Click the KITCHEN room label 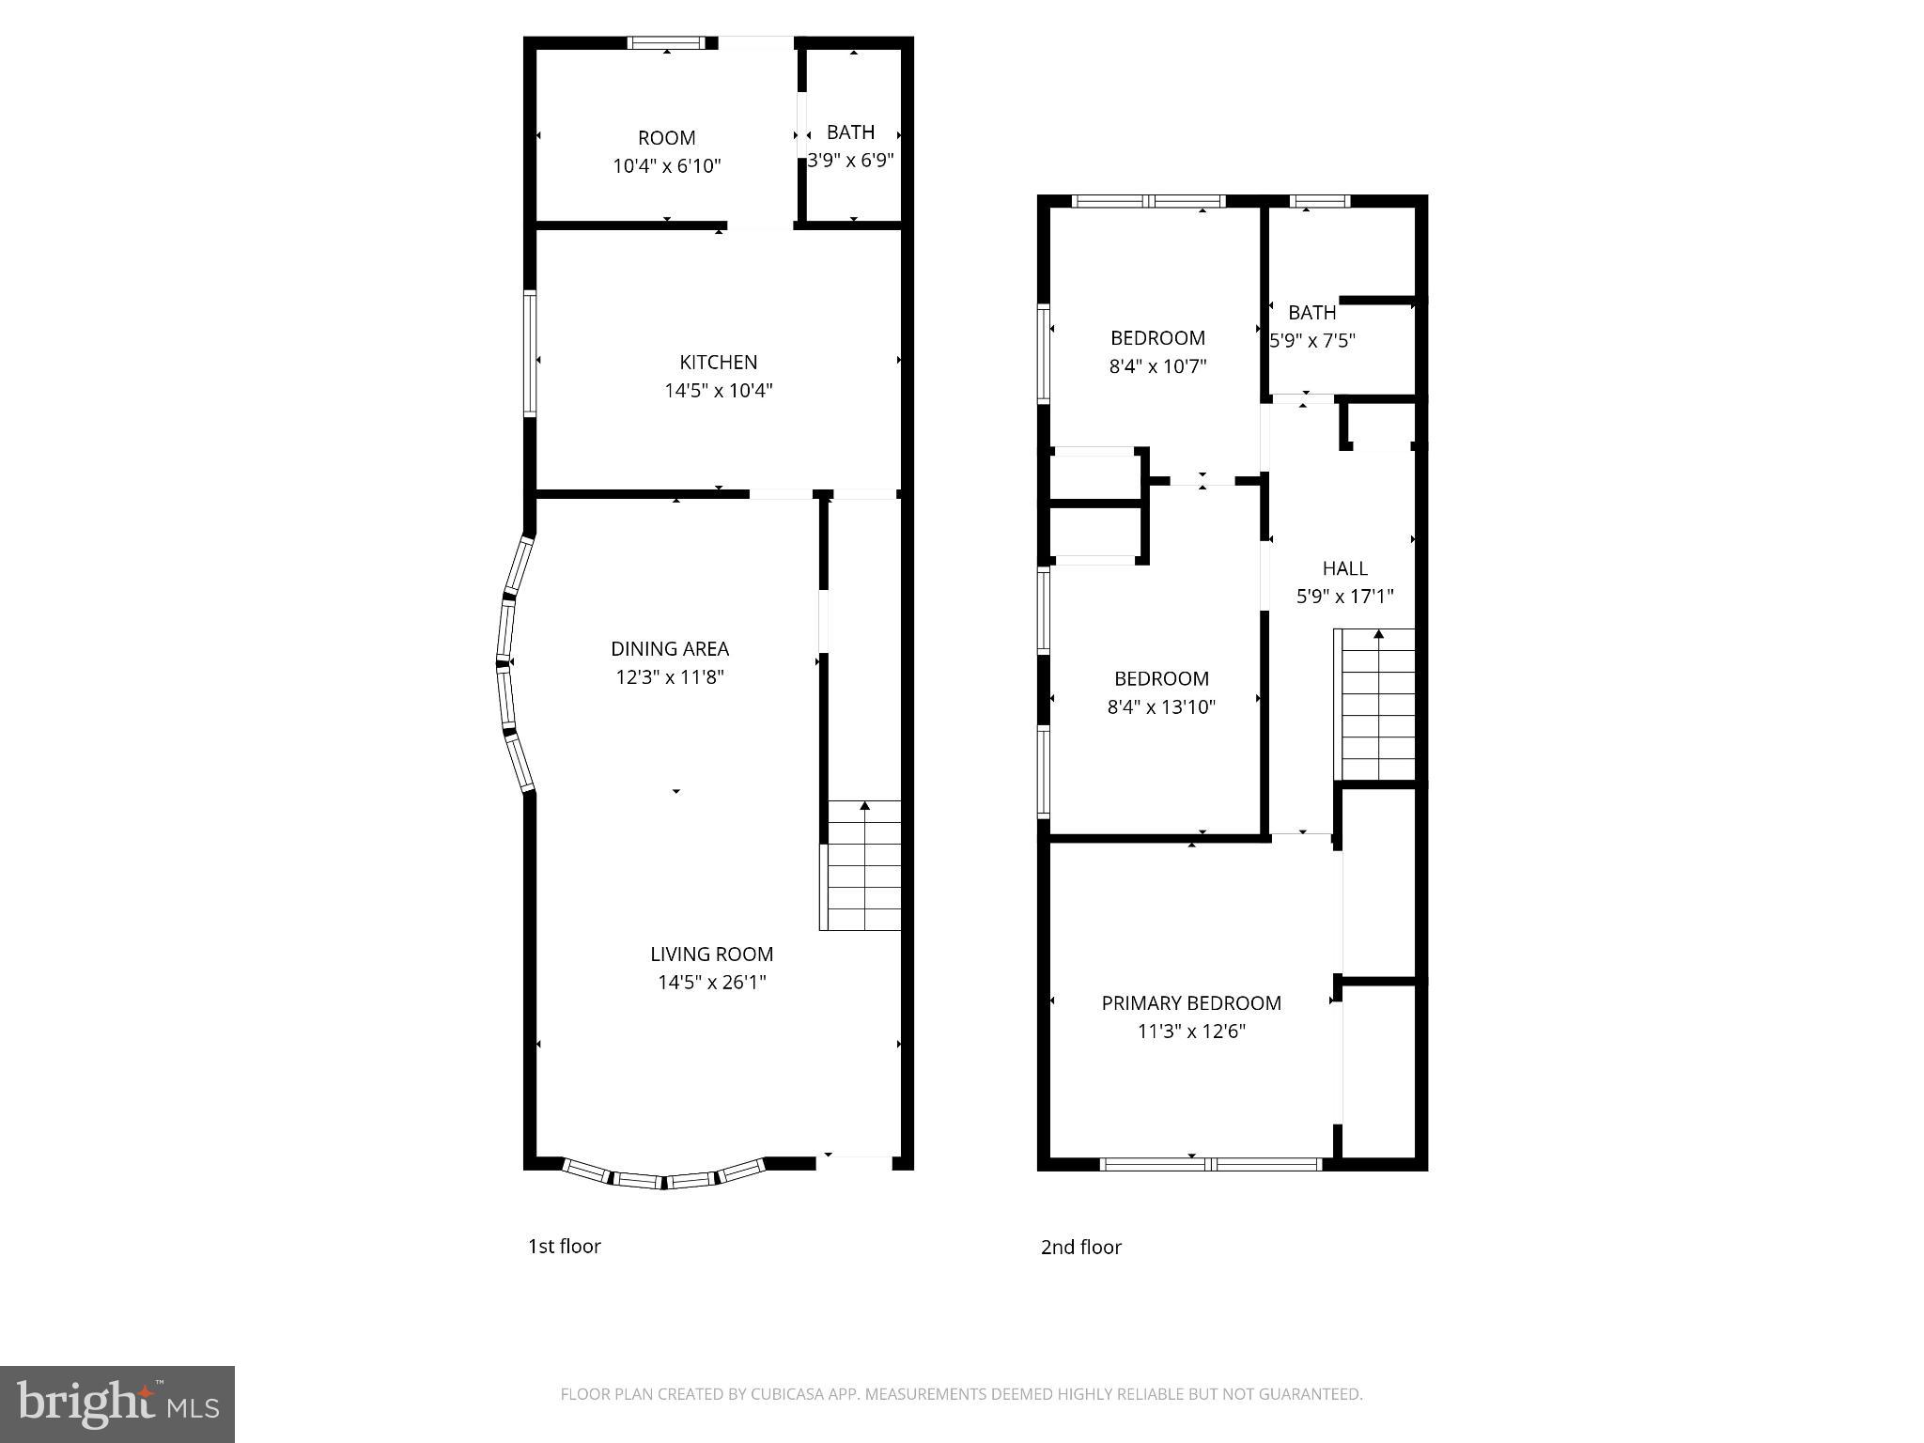pos(718,362)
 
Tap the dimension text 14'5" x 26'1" pos(711,983)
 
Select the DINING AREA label pos(669,648)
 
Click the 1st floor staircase pos(862,866)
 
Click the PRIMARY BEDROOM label pos(1190,1003)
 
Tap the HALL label pos(1344,568)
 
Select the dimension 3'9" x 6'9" pos(850,161)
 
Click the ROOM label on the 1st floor pos(666,138)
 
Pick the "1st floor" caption pos(564,1246)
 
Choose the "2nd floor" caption pos(1080,1247)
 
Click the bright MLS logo pos(117,1404)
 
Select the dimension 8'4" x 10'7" pos(1157,366)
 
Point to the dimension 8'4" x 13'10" pos(1161,707)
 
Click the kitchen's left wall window pos(530,353)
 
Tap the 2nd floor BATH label pos(1311,313)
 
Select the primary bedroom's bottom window pos(1210,1164)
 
